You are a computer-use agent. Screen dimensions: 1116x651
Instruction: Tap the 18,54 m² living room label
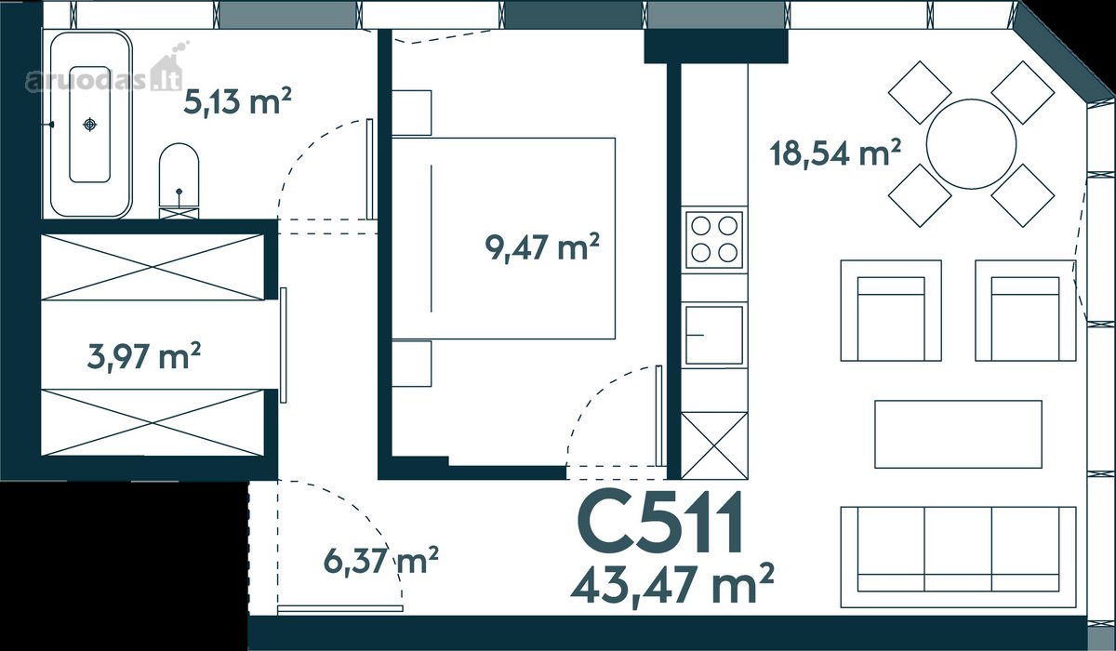(835, 153)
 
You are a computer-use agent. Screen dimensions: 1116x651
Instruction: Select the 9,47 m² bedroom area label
(542, 247)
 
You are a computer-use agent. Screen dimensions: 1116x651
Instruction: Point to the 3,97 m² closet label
(144, 356)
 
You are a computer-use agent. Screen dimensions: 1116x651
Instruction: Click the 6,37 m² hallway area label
(381, 561)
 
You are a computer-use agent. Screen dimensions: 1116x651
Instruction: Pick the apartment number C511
(660, 523)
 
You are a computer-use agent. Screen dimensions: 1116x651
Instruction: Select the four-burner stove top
(714, 240)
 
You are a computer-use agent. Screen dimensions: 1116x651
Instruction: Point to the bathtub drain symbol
(89, 124)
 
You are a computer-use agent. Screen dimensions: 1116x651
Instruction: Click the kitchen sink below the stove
(714, 335)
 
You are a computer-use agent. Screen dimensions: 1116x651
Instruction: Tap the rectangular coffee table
(958, 434)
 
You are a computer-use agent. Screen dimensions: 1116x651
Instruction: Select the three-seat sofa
(958, 557)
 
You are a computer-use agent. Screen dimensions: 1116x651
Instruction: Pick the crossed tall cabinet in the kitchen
(714, 445)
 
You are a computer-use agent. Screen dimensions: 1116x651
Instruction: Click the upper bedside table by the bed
(411, 113)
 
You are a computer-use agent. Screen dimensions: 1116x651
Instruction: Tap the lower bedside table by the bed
(411, 364)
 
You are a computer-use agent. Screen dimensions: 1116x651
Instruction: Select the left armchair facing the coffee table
(891, 311)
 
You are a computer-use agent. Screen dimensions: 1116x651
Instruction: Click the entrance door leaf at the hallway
(340, 608)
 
